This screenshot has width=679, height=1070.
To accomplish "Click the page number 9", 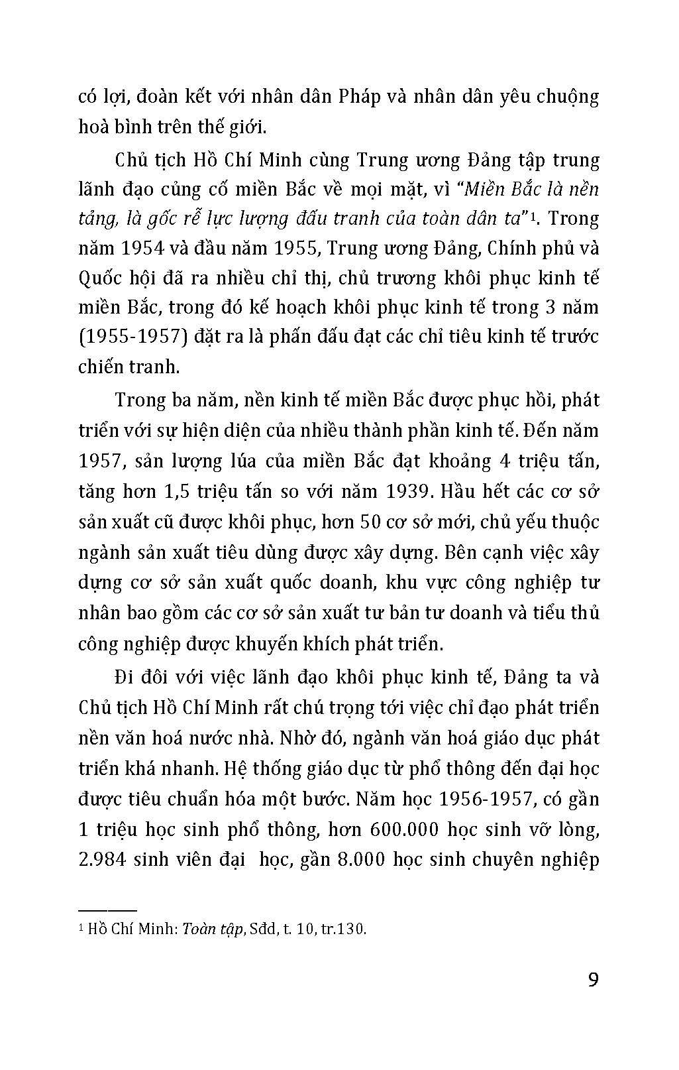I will click(593, 980).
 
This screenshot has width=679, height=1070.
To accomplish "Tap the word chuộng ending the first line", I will click(563, 97).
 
